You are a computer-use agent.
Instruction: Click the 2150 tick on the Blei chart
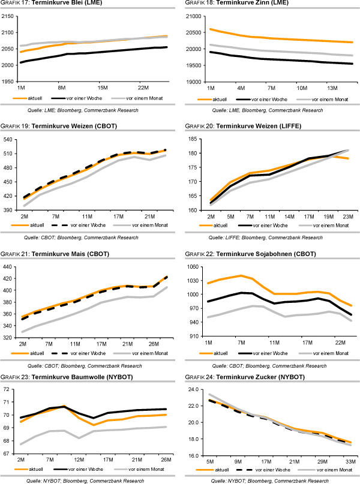pyautogui.click(x=8, y=16)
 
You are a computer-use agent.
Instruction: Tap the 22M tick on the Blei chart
pyautogui.click(x=143, y=88)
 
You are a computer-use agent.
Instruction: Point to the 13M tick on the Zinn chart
pyautogui.click(x=333, y=88)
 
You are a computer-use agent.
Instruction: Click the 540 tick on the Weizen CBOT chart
pyautogui.click(x=10, y=139)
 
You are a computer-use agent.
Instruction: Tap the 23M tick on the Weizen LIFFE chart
pyautogui.click(x=347, y=215)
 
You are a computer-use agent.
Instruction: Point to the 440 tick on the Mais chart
pyautogui.click(x=10, y=266)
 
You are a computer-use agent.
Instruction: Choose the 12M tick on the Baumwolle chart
pyautogui.click(x=78, y=461)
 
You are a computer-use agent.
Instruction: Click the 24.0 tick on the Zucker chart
pyautogui.click(x=193, y=390)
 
